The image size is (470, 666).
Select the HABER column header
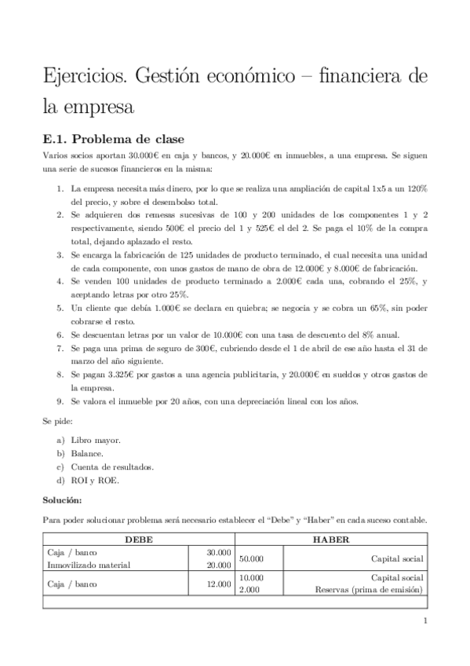coord(330,540)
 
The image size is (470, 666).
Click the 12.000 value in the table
coord(219,584)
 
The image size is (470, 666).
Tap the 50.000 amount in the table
coord(251,558)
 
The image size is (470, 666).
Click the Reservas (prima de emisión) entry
coord(369,590)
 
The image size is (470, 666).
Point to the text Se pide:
coord(60,421)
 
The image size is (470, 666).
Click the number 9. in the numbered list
coord(60,401)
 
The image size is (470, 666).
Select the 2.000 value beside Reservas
coord(249,590)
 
